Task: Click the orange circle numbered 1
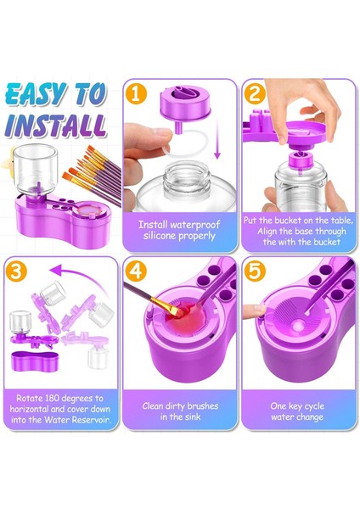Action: [136, 93]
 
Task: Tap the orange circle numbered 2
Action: [255, 93]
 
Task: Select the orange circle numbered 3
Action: [16, 271]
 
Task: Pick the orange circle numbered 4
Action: [136, 271]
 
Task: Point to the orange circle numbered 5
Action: [255, 271]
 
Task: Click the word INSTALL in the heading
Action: [56, 126]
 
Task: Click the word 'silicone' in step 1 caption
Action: [160, 236]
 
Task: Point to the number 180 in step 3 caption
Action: [52, 398]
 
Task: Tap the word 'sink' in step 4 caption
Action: [192, 417]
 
